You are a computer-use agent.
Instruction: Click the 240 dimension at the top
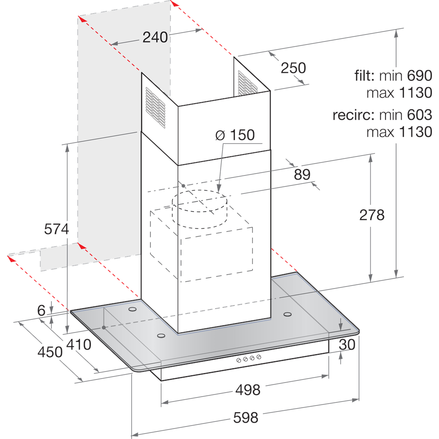(x=155, y=37)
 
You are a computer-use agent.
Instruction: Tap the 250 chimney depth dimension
(x=293, y=68)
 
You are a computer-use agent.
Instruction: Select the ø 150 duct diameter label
(x=235, y=135)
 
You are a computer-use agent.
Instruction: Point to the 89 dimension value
(x=302, y=174)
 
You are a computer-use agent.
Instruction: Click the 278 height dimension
(x=372, y=215)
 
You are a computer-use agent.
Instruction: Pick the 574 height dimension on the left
(x=56, y=229)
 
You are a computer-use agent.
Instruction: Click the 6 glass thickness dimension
(x=41, y=310)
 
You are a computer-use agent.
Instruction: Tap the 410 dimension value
(x=79, y=344)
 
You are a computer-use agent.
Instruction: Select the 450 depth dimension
(x=50, y=352)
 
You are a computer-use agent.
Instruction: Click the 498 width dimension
(x=248, y=390)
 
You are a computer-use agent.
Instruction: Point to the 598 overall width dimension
(x=245, y=418)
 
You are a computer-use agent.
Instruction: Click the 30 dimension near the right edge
(x=347, y=344)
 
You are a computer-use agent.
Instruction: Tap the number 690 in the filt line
(x=419, y=76)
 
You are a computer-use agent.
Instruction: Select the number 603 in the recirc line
(x=419, y=115)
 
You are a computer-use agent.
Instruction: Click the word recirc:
(x=353, y=115)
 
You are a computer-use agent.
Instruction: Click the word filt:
(x=364, y=76)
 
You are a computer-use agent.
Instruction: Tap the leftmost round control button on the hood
(x=238, y=360)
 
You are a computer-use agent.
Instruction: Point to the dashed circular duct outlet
(x=199, y=209)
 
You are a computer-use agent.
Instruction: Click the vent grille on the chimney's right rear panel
(x=248, y=83)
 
